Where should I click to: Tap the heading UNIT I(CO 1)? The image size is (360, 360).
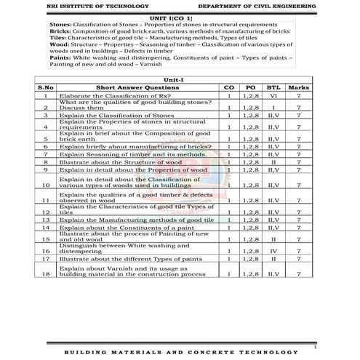[x=178, y=16]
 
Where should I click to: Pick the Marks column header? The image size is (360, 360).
[x=298, y=87]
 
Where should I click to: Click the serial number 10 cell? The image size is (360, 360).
[x=46, y=185]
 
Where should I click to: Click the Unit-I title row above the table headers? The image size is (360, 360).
[x=178, y=79]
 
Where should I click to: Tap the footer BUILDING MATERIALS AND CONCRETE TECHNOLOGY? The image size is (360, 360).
[x=179, y=353]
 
